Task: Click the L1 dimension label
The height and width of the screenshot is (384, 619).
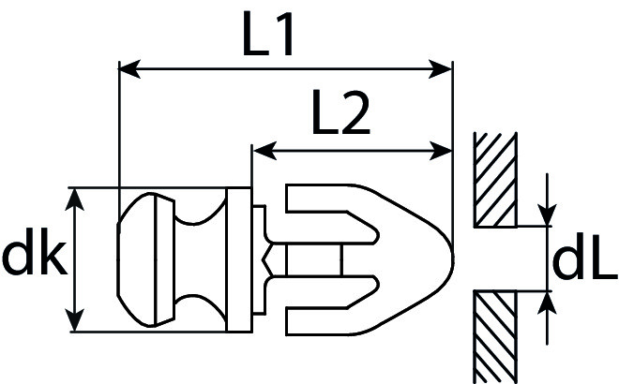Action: (x=267, y=34)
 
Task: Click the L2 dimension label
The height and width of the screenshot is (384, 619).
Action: (x=341, y=113)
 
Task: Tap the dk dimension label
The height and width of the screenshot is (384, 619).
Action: (x=34, y=251)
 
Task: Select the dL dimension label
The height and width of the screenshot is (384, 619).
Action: (x=584, y=257)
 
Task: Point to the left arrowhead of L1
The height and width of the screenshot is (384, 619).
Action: (x=129, y=69)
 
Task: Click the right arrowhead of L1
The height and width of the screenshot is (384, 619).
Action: (x=441, y=69)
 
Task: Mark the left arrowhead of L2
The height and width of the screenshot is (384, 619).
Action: (x=264, y=151)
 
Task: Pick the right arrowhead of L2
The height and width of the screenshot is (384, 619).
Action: (x=441, y=151)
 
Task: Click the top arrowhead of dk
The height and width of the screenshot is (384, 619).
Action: (x=74, y=199)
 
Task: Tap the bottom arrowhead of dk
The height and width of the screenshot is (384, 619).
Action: (x=74, y=320)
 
